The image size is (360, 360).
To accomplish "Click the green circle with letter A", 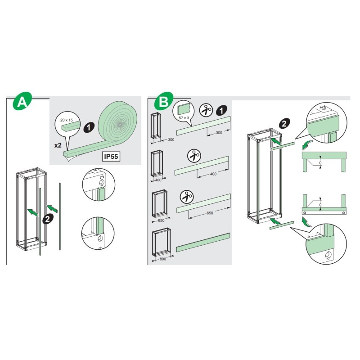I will (20, 102).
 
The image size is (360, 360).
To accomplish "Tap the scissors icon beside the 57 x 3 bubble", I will (207, 110).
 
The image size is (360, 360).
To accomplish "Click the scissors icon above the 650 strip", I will (186, 196).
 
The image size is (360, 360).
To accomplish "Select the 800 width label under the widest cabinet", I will (161, 260).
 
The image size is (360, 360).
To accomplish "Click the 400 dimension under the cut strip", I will (214, 174).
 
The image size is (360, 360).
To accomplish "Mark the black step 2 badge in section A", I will (46, 220).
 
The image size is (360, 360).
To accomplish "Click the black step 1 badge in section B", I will (221, 109).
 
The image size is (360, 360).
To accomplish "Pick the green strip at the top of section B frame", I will (283, 144).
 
